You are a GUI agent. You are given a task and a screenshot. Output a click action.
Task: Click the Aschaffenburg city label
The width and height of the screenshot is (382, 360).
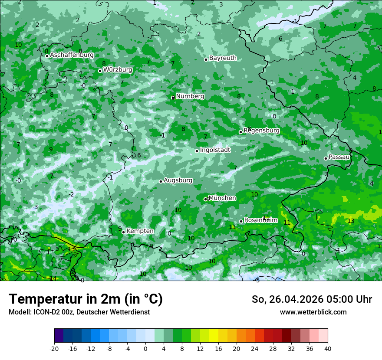click(72, 55)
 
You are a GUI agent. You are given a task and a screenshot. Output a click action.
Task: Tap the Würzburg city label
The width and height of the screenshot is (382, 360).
click(118, 69)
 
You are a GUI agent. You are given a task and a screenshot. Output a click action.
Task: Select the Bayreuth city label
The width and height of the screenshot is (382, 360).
click(223, 58)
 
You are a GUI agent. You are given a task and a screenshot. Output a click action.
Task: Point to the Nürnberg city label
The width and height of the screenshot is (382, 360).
click(190, 96)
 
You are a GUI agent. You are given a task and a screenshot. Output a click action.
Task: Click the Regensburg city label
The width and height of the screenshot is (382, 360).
click(262, 130)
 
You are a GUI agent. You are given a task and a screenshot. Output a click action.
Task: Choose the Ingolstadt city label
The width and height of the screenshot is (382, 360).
click(215, 150)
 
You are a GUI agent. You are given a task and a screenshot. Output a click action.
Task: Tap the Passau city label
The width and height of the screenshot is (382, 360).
click(339, 157)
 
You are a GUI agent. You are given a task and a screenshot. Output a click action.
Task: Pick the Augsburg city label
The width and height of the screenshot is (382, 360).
click(178, 180)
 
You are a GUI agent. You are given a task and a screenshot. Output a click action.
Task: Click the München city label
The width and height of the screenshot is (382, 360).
click(222, 198)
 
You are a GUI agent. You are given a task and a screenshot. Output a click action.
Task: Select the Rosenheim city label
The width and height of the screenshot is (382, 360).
click(260, 220)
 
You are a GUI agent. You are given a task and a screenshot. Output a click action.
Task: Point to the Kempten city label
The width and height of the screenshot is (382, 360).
click(140, 231)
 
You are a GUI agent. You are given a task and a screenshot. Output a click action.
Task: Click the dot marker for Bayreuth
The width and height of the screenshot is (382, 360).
click(206, 59)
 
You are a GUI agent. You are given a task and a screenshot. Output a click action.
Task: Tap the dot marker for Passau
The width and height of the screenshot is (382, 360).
click(326, 158)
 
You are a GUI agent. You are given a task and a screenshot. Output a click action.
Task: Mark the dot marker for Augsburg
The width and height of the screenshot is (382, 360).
click(161, 181)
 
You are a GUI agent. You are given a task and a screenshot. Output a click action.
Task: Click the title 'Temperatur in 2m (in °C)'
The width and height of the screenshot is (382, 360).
click(86, 299)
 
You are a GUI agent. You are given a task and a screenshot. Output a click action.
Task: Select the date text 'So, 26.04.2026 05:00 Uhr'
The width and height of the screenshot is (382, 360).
click(312, 299)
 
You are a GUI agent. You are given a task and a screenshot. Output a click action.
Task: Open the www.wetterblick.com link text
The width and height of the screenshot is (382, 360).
click(313, 312)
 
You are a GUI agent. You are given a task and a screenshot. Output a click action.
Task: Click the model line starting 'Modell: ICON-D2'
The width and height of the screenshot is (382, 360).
click(79, 312)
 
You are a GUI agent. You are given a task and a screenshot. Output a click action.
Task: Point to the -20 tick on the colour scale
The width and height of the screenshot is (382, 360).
click(54, 348)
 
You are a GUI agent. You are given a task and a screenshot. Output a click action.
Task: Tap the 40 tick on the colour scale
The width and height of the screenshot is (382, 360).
click(328, 348)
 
